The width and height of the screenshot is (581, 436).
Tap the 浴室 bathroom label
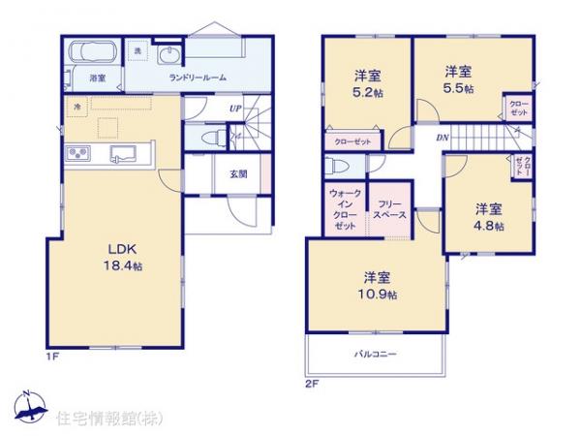coord(98,77)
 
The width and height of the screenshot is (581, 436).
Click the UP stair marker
coord(235,108)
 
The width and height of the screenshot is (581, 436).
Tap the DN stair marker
coord(442,138)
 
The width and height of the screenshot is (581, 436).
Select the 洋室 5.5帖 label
coord(458,78)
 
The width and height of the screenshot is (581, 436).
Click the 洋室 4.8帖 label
coord(489,215)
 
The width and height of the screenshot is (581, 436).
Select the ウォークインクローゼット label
coord(345,209)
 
